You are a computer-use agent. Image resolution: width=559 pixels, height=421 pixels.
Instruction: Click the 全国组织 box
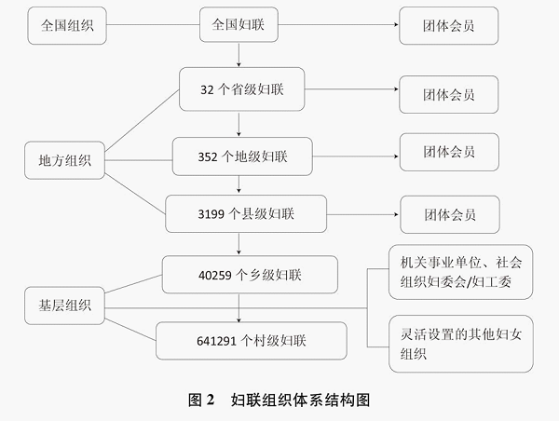point(67,26)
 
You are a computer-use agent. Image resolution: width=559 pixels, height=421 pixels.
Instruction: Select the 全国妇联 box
point(239,24)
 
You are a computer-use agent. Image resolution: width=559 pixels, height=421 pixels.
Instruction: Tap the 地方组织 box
point(64,160)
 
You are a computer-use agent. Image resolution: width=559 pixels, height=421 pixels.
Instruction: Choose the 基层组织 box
point(64,306)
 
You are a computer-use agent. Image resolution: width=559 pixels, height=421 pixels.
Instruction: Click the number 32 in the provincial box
point(207,89)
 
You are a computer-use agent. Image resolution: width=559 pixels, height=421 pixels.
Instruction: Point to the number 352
point(208,156)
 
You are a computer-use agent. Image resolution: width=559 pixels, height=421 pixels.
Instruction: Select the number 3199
point(211,214)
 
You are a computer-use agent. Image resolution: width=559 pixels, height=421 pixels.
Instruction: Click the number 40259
point(215,275)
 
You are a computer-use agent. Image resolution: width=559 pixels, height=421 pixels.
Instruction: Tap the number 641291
point(216,341)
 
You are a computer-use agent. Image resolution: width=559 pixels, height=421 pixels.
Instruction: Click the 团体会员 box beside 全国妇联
point(448,26)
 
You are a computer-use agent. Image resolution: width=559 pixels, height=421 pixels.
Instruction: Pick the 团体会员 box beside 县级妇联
point(450,214)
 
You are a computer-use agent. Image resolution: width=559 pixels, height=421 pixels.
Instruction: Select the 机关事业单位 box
point(460,272)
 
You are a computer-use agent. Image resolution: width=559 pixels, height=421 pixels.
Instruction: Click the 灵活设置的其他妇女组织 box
point(461,344)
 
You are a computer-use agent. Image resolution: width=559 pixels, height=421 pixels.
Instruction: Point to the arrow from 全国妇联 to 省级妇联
point(239,55)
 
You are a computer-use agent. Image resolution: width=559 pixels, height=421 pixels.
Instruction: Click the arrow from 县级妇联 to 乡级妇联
point(239,244)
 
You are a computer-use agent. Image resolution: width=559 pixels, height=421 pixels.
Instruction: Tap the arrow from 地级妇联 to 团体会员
point(356,156)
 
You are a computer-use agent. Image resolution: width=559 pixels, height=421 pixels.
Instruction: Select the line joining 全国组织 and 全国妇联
point(153,25)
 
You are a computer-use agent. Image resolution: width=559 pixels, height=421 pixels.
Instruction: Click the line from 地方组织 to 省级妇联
point(142,120)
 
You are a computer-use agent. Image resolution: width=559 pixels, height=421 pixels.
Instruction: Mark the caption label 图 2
point(201,400)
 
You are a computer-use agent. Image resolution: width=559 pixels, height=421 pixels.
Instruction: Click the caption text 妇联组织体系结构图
point(300,400)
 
